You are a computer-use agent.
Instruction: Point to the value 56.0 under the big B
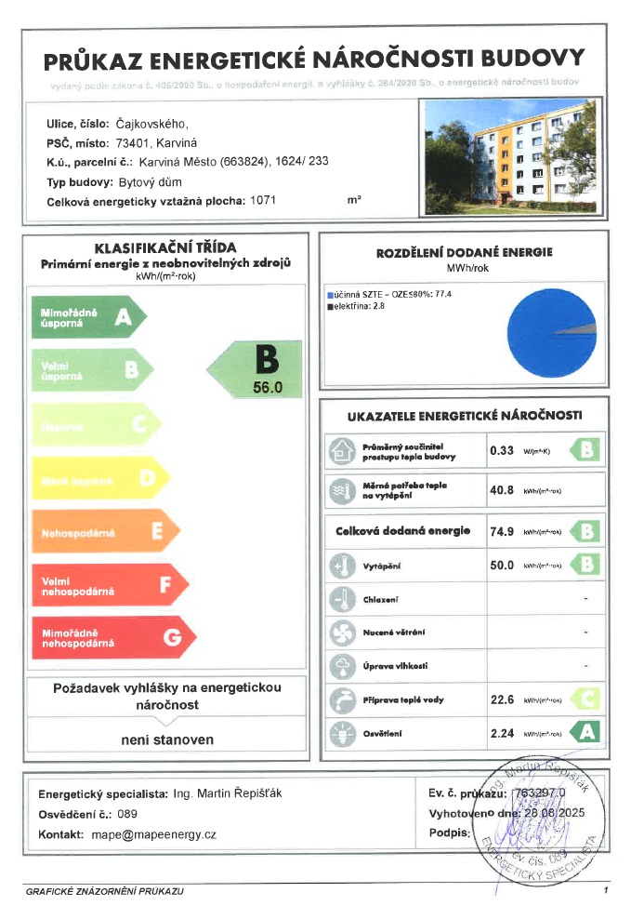coord(267,388)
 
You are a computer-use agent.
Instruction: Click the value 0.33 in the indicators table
coord(502,451)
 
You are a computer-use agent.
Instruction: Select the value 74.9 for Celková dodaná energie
coord(502,532)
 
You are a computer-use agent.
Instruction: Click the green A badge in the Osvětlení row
coord(584,732)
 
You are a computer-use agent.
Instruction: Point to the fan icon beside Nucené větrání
coord(342,633)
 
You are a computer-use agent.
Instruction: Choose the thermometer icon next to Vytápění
coord(342,566)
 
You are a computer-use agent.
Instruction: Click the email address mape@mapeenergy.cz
coord(153,834)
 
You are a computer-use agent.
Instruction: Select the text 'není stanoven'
coord(167,740)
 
